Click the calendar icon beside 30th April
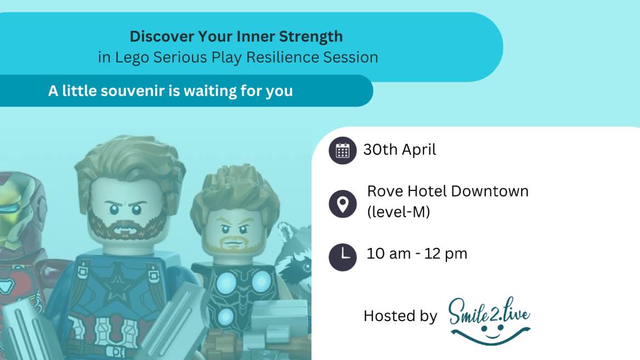click(342, 150)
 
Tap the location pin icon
click(342, 204)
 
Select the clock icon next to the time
click(342, 257)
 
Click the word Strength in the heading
click(310, 37)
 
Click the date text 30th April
click(400, 150)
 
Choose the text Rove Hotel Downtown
click(448, 191)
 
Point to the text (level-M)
click(398, 212)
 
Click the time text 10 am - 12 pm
click(417, 254)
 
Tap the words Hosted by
click(400, 316)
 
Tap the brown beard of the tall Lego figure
click(128, 226)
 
